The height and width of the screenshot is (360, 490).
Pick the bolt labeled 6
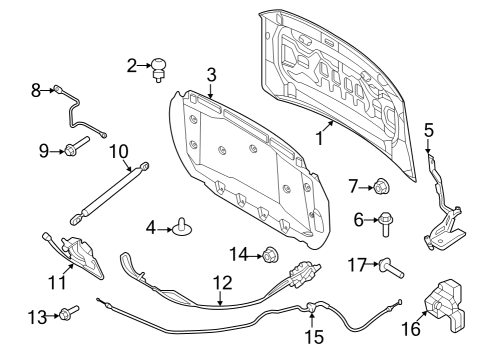386,223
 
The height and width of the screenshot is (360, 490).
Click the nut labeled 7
382,185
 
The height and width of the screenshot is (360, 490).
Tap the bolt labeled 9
78,150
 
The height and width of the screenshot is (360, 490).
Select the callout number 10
119,151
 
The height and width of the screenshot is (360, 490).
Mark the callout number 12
222,283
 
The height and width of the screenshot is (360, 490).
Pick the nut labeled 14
269,255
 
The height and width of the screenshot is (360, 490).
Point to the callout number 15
314,337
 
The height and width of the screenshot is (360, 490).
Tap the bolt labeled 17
389,266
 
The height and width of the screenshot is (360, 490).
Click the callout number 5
428,130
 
